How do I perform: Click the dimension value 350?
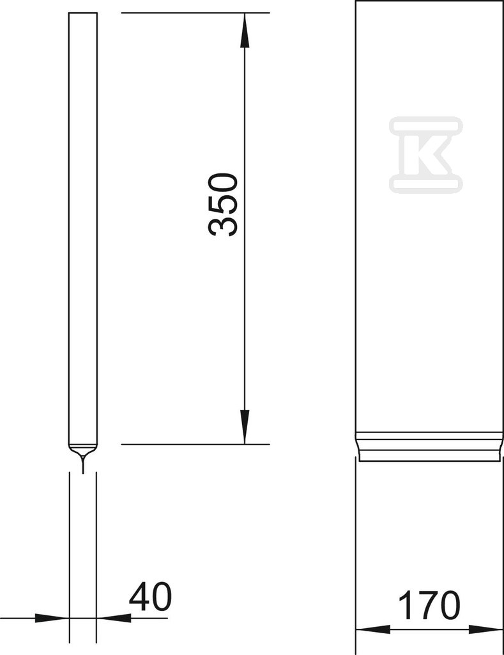coord(223,205)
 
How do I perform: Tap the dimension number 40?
coord(150,597)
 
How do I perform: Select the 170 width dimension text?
coord(429,604)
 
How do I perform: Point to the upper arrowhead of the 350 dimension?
coord(245,30)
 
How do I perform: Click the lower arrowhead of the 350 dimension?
coord(245,427)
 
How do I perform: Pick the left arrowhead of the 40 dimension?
coord(52,618)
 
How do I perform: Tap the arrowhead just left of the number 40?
coord(114,618)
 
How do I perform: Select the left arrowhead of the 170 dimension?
coord(372,629)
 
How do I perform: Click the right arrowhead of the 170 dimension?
coord(485,629)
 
